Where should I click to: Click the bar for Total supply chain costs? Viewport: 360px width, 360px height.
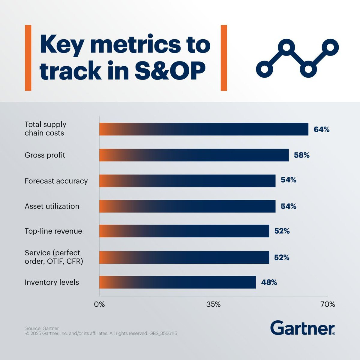coord(204,129)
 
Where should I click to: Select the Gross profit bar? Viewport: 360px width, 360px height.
coord(194,155)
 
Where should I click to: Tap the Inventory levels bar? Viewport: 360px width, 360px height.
coord(177,282)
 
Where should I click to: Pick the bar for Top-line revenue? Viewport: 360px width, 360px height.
coord(184,231)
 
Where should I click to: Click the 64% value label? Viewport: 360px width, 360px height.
coord(322,130)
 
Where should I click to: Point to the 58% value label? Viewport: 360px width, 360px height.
coord(301,155)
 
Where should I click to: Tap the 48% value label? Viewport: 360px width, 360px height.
coord(269,282)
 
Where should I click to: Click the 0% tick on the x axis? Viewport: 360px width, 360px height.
coord(99,304)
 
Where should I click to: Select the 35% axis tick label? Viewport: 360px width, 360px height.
coord(213,304)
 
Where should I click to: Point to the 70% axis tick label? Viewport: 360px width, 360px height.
coord(328,304)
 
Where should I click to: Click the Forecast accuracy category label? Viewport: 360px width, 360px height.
coord(56,181)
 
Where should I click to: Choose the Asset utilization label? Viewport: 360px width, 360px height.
coord(52,206)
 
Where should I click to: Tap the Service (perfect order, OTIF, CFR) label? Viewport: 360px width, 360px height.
coord(54,257)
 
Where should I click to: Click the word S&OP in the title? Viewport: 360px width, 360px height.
coord(170,70)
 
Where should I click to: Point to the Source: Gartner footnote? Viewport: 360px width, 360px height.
coord(42,328)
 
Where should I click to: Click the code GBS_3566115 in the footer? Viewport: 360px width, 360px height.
coord(163,333)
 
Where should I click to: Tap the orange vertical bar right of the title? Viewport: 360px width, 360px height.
coord(224,58)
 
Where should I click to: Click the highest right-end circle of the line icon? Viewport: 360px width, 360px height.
coord(330,47)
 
